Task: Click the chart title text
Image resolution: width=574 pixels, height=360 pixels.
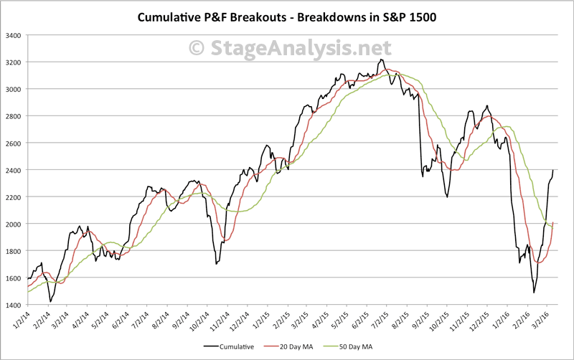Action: pyautogui.click(x=286, y=16)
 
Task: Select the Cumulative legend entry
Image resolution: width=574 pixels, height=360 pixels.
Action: pyautogui.click(x=232, y=346)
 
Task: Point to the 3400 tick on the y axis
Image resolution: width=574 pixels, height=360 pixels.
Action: pyautogui.click(x=13, y=35)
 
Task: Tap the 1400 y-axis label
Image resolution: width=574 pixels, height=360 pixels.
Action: pyautogui.click(x=13, y=305)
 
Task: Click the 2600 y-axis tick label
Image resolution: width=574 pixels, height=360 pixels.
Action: pyautogui.click(x=13, y=143)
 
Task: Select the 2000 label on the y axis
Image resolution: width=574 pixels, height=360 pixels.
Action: pyautogui.click(x=13, y=224)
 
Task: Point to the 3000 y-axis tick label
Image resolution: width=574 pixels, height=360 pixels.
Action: pyautogui.click(x=13, y=89)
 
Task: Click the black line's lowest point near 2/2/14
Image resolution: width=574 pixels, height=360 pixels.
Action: pyautogui.click(x=50, y=301)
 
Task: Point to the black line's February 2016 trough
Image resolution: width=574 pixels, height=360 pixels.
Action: pyautogui.click(x=534, y=292)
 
